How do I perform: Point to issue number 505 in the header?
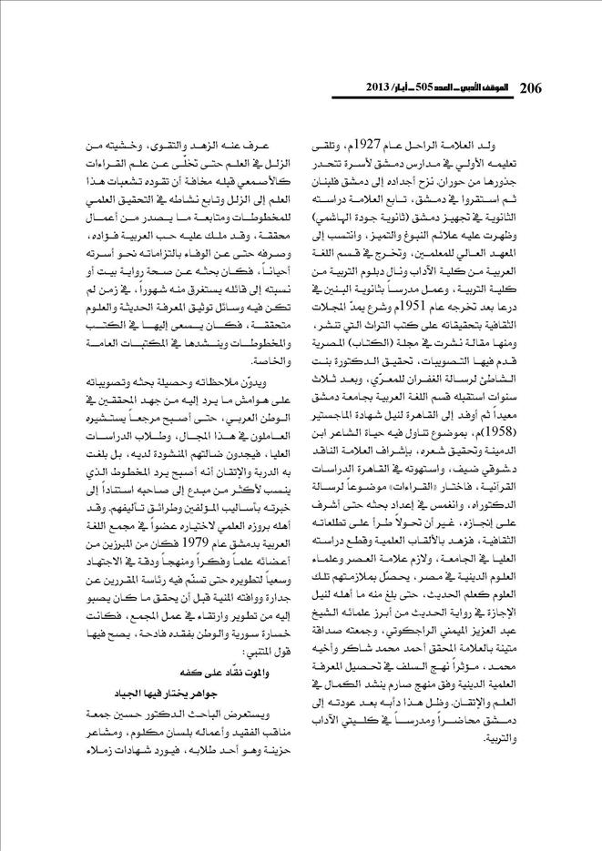[443, 88]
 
